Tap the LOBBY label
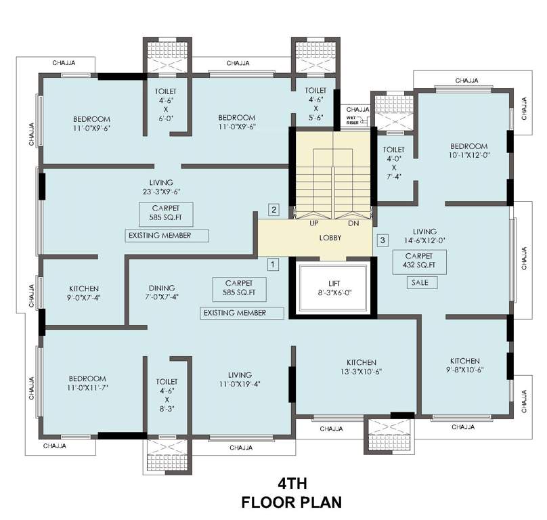[330, 238]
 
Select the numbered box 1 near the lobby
[273, 264]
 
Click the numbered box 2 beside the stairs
[273, 209]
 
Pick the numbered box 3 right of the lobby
[383, 240]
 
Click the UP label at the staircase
[314, 223]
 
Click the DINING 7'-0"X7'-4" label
[162, 292]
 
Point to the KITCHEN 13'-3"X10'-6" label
[362, 367]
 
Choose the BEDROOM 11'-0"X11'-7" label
[87, 383]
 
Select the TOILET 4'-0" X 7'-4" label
[393, 162]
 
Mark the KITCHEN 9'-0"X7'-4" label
[84, 292]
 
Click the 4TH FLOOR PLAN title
[292, 493]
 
